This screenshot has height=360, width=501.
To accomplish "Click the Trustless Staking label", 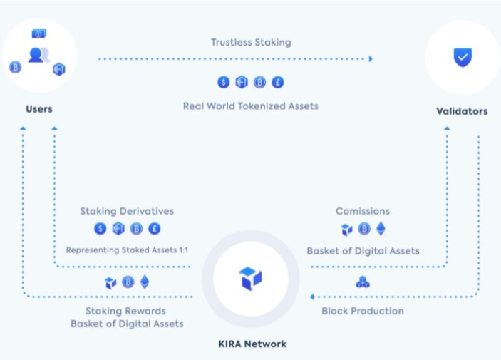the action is point(251,43).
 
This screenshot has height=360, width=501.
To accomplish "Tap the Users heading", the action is point(39,109).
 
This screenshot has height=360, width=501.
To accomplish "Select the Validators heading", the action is point(462,111).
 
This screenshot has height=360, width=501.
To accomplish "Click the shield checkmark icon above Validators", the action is point(463,58).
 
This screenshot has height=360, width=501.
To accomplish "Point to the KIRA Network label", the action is point(252,344).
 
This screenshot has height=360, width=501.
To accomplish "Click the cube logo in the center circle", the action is point(251,279).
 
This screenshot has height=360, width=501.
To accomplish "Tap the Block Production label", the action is point(363,311).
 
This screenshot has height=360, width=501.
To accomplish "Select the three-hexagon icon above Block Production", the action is point(363,282).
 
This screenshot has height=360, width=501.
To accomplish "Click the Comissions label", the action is point(363,211).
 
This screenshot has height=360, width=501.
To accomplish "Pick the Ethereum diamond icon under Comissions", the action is point(381,229).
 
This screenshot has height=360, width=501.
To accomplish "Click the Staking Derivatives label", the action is point(127,211).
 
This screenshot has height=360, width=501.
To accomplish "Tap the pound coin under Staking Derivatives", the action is point(155,229).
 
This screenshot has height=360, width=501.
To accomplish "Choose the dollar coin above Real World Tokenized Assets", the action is point(224,82).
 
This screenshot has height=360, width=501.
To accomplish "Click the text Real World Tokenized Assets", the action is point(251,106).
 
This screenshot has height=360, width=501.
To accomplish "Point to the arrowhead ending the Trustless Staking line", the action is point(371,59).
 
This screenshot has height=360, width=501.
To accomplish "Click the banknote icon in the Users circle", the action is point(39,34).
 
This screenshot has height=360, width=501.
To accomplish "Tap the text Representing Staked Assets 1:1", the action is point(127,250).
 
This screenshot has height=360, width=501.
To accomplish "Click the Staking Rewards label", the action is point(125,311).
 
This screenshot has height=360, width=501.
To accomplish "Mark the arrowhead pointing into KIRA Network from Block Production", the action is point(312,297).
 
